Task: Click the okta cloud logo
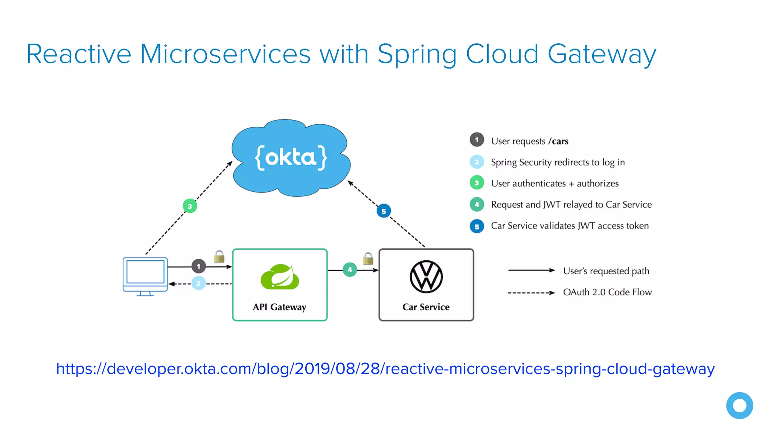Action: click(x=291, y=157)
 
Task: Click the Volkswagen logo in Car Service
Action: click(x=426, y=277)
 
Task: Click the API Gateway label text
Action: click(x=279, y=307)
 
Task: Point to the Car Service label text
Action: click(x=426, y=307)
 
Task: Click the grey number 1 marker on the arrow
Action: click(x=198, y=266)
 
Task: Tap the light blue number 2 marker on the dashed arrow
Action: click(x=198, y=283)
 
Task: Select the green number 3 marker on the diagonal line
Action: click(x=190, y=206)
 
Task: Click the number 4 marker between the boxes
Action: click(x=350, y=270)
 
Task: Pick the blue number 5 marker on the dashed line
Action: click(x=384, y=211)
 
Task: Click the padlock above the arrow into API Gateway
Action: click(x=219, y=257)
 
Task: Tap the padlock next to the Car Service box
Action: click(x=368, y=259)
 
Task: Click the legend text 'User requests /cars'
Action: click(x=529, y=141)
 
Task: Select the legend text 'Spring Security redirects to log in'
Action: click(x=558, y=162)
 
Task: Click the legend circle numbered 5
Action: click(x=477, y=226)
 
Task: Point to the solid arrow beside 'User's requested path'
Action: click(x=531, y=270)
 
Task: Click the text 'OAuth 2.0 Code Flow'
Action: click(x=607, y=292)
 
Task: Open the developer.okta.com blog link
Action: click(x=385, y=369)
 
